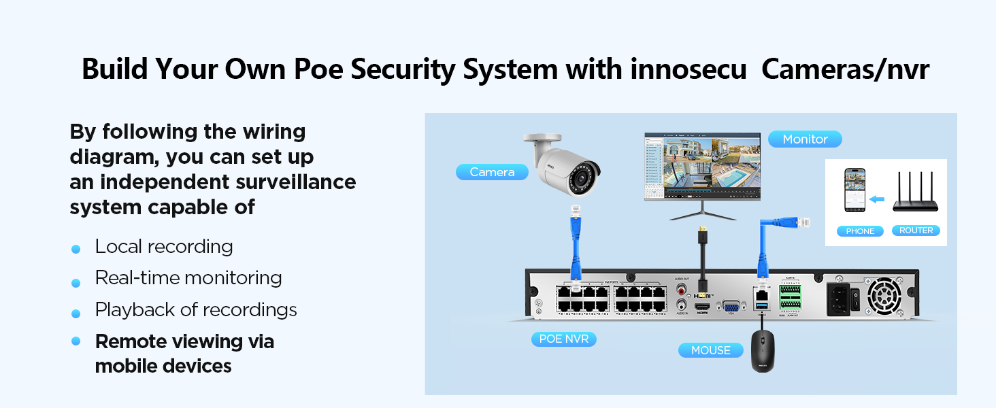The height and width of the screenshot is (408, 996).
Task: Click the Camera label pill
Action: tap(492, 172)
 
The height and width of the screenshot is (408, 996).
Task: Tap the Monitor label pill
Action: tap(805, 139)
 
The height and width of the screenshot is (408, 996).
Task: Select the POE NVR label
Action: tap(563, 339)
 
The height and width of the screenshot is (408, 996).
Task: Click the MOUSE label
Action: tap(710, 350)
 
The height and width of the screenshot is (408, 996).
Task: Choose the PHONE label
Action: tap(860, 231)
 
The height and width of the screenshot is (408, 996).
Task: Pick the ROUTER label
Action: tap(916, 231)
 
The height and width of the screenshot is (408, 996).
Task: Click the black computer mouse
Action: tap(763, 351)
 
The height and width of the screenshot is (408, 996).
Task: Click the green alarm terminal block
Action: tap(790, 296)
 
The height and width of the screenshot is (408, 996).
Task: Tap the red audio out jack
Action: tap(682, 289)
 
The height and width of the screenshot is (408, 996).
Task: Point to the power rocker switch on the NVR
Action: tap(855, 296)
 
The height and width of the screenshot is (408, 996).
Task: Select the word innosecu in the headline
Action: tap(688, 69)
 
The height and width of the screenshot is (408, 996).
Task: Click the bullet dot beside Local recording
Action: tap(76, 249)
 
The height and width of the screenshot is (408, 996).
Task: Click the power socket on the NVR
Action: tap(837, 296)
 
